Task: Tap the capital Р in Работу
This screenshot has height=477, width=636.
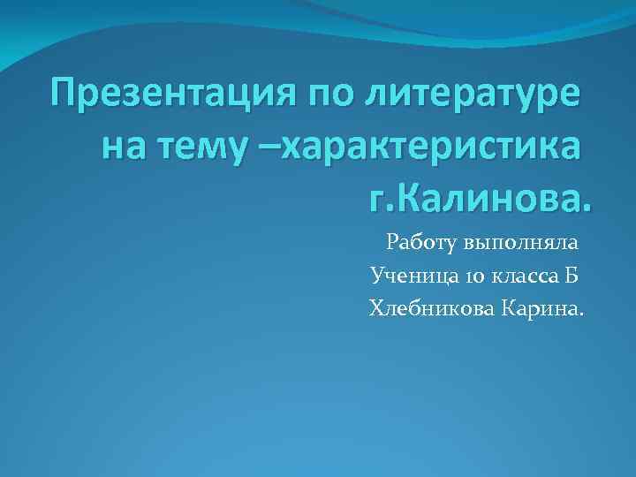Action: pos(392,242)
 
